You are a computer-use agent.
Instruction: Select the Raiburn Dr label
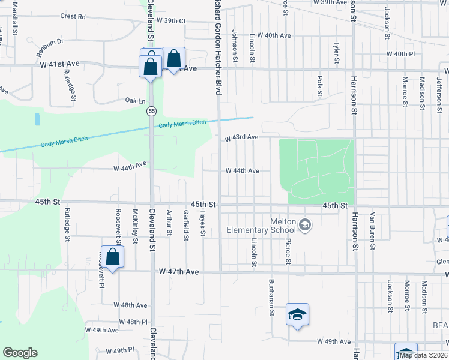click(50, 41)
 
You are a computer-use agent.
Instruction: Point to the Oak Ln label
click(136, 100)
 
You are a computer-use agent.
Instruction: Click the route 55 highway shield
click(151, 111)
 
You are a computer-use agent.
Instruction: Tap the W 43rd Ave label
click(242, 137)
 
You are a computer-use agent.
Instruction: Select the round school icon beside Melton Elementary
click(306, 224)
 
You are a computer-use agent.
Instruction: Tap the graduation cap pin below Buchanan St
click(297, 314)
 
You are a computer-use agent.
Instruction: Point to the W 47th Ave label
click(179, 272)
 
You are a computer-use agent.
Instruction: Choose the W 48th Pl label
click(133, 322)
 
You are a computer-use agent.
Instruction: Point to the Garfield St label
click(186, 226)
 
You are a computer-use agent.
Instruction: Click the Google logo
click(20, 352)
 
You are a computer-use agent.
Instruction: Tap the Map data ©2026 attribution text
click(423, 355)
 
